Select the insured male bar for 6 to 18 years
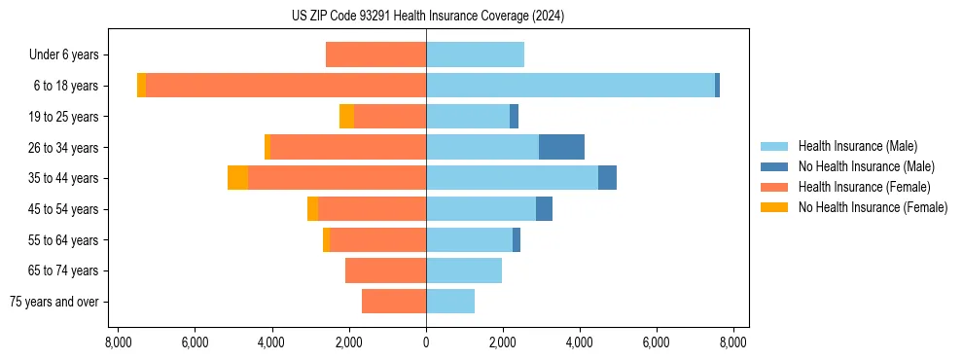(x=570, y=86)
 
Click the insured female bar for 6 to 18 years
(x=286, y=86)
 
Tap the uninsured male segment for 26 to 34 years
(x=561, y=147)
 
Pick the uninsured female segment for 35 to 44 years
(x=237, y=178)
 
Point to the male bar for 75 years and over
(x=450, y=302)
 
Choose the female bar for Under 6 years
(x=375, y=54)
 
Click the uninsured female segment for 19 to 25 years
(x=346, y=117)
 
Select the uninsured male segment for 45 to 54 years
(x=544, y=209)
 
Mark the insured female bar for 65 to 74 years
(x=385, y=270)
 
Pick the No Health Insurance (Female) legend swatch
(x=774, y=207)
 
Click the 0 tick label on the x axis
(x=426, y=342)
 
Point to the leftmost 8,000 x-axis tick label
(x=118, y=342)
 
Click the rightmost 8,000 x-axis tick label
(x=732, y=342)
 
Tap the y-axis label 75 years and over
(x=54, y=302)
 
